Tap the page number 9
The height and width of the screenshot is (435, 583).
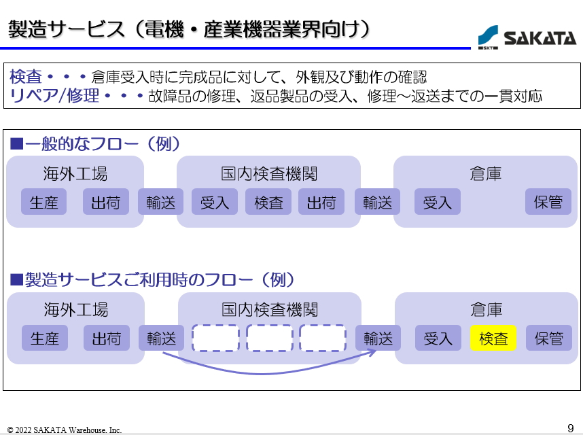[x=571, y=428]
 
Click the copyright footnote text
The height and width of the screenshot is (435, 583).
[x=65, y=430]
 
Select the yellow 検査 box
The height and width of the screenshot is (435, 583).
[x=493, y=338]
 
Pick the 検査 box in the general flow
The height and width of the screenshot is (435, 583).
[x=268, y=202]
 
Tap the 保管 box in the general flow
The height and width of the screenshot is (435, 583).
[x=548, y=202]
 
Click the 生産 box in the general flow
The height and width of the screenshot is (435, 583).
[x=44, y=202]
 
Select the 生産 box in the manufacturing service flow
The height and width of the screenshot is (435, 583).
[x=45, y=338]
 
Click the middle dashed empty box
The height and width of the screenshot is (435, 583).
[x=269, y=338]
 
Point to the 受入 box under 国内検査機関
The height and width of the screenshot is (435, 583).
[x=215, y=202]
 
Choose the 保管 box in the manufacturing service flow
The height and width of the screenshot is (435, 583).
[x=548, y=338]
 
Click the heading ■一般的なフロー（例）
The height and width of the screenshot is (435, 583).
[x=94, y=144]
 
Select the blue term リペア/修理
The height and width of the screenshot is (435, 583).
[x=54, y=95]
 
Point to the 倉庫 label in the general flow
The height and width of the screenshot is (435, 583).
[x=485, y=174]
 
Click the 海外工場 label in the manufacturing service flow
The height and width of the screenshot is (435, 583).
[x=75, y=310]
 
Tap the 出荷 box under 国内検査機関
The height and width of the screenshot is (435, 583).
[x=321, y=202]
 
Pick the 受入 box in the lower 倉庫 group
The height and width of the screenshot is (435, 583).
[x=438, y=338]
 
